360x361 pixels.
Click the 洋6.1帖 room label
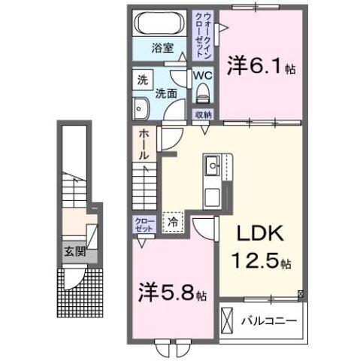262,66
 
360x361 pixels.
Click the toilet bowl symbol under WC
201,94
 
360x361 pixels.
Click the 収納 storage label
202,114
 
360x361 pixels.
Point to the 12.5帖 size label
259,263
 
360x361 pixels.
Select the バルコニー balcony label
269,320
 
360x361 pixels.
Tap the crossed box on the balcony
228,320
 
